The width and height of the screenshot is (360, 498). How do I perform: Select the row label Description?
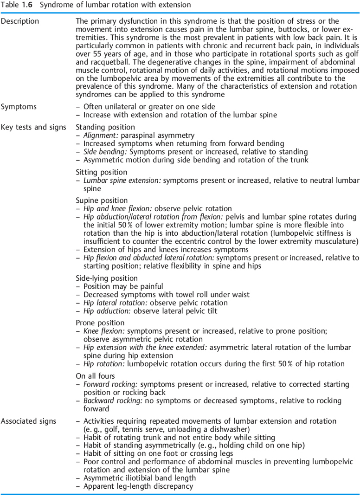20,21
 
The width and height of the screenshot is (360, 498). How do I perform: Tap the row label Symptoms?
19,107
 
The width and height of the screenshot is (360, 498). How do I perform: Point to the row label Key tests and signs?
33,127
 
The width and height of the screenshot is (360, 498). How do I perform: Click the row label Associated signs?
28,421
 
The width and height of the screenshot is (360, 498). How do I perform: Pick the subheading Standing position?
105,127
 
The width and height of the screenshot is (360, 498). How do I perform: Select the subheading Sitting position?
101,172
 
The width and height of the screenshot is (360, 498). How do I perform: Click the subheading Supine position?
102,201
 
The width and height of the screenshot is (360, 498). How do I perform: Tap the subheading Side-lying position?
107,278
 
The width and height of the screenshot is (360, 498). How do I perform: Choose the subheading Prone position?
100,323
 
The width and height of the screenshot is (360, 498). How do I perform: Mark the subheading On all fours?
95,376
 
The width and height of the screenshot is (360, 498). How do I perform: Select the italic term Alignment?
100,135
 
